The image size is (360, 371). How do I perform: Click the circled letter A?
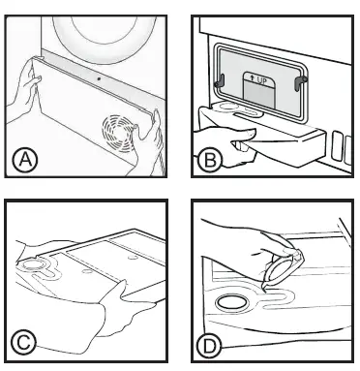click(25, 160)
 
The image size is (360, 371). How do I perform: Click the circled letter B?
click(210, 161)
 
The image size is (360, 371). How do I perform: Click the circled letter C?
click(23, 343)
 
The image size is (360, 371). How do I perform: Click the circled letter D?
click(209, 347)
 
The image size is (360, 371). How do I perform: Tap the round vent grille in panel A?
click(119, 134)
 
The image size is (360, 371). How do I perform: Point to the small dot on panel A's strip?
click(99, 78)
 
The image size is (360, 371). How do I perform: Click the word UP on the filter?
click(262, 81)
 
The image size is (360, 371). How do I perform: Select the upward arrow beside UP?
click(253, 79)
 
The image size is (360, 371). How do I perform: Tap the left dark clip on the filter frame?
click(220, 80)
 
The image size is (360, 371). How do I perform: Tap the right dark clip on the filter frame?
click(300, 81)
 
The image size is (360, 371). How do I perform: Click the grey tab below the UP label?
click(259, 95)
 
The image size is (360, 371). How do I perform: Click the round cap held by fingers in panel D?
click(283, 268)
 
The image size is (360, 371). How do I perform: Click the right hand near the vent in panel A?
click(148, 142)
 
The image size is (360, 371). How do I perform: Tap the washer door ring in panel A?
click(105, 41)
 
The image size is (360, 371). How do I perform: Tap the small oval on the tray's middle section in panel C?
click(86, 270)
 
